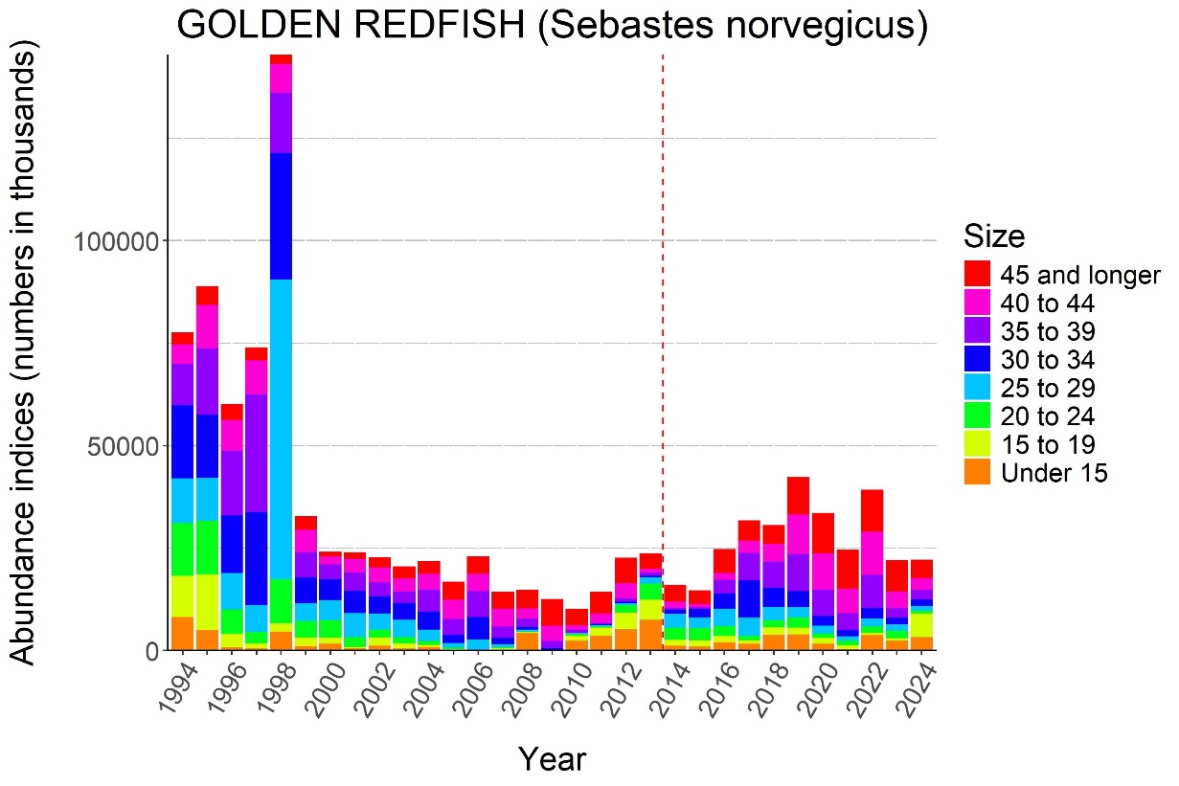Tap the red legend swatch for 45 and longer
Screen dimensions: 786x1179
point(978,275)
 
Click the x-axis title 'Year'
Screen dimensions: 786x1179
point(552,759)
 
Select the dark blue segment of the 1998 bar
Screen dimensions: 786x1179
point(281,216)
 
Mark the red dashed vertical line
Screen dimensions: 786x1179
point(663,287)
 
